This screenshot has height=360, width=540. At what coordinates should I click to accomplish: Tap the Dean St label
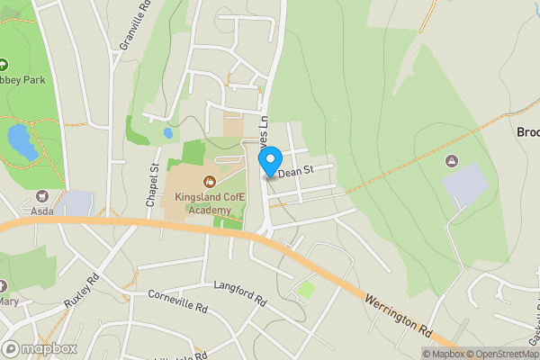(296, 170)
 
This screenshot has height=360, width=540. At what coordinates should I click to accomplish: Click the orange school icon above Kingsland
(210, 182)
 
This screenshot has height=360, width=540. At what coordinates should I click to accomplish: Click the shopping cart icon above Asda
(40, 195)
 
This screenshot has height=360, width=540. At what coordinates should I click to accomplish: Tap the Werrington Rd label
(399, 315)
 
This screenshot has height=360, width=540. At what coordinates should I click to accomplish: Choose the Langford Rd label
(241, 292)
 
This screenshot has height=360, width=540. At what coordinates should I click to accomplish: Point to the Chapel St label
(154, 182)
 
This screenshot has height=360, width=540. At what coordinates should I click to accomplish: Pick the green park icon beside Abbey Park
(3, 65)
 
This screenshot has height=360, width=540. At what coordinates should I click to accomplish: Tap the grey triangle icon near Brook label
(452, 160)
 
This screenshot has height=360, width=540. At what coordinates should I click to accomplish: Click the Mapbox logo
(40, 348)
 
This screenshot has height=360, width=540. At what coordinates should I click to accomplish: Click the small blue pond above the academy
(168, 133)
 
